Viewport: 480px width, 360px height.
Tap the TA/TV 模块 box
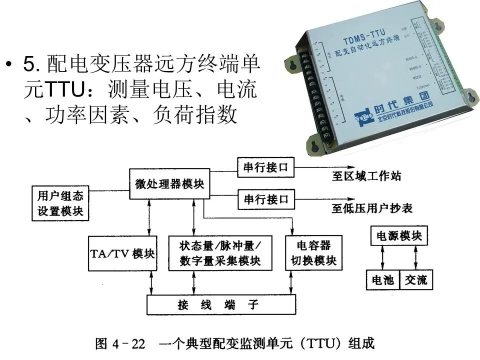click(122, 253)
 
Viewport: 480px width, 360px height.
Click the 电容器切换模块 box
click(314, 253)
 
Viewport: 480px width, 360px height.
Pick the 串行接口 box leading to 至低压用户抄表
click(266, 199)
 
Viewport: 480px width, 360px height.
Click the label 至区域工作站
click(366, 176)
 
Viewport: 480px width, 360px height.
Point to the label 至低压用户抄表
click(372, 208)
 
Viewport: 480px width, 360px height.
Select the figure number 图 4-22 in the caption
click(120, 344)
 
